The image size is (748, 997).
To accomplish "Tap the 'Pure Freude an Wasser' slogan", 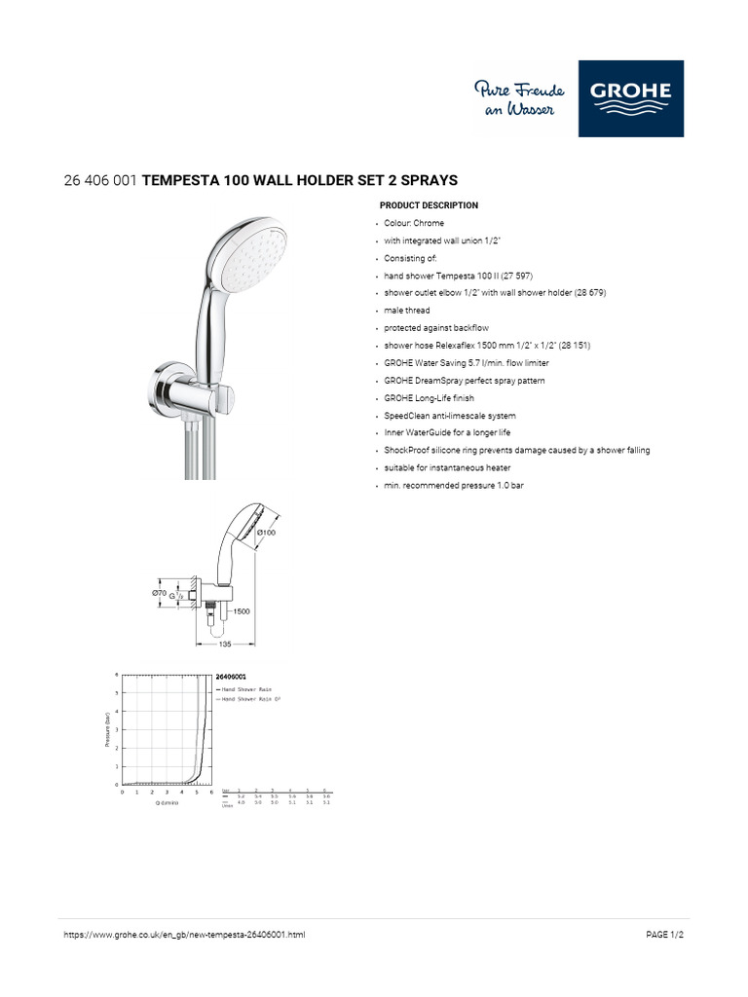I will pos(514,99).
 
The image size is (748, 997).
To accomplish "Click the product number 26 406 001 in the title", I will pos(99,181).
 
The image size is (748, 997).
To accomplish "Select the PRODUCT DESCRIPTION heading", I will pos(429,206).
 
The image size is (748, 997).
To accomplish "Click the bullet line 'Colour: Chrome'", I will pos(413,223).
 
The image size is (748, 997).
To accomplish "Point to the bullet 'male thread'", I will pos(406,311).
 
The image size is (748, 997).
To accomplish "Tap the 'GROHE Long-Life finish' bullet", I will pos(429,398).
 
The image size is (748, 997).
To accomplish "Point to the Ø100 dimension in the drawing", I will pos(267,533).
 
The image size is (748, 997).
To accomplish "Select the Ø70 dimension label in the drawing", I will pos(159,592).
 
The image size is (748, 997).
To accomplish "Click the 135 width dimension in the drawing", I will pos(225,645).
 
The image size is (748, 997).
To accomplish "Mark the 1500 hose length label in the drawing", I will pos(241,611).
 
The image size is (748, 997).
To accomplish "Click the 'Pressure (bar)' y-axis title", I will pos(107,729).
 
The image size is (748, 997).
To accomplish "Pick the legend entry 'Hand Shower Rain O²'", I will pos(249,699).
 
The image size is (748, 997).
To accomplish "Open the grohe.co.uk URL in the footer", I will pos(184,935).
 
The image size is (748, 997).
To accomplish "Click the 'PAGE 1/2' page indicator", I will pos(671,935).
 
